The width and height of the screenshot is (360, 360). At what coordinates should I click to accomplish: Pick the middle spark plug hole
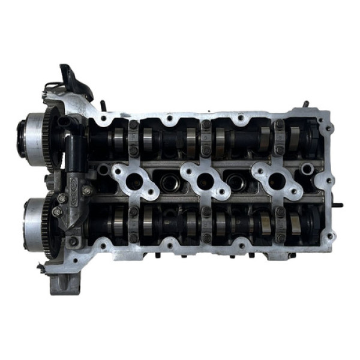click(205, 179)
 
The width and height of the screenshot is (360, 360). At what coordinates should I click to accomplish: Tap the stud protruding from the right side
click(337, 205)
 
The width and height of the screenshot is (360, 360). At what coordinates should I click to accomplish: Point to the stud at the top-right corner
click(305, 104)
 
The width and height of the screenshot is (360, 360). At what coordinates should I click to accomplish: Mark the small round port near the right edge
click(308, 170)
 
